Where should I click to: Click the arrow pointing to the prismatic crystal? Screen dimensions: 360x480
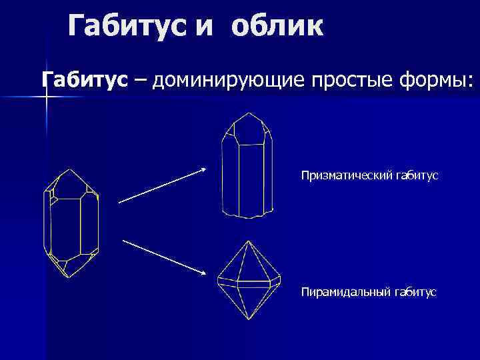pyautogui.click(x=162, y=185)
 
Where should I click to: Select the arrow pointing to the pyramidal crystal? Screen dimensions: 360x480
pyautogui.click(x=164, y=255)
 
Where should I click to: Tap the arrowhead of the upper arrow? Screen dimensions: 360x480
pyautogui.click(x=203, y=170)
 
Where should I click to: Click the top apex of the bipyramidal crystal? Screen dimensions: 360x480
pyautogui.click(x=247, y=241)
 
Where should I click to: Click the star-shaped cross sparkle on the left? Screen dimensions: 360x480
pyautogui.click(x=47, y=97)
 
